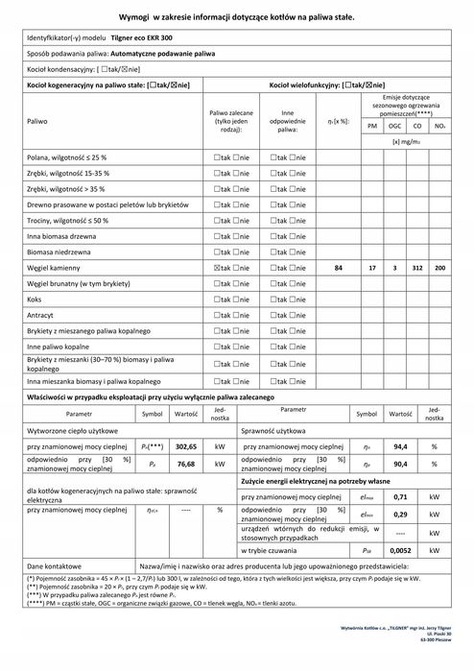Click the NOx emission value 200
point(439,267)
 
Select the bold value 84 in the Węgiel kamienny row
point(338,267)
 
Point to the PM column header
point(371,126)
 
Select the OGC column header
point(394,126)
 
